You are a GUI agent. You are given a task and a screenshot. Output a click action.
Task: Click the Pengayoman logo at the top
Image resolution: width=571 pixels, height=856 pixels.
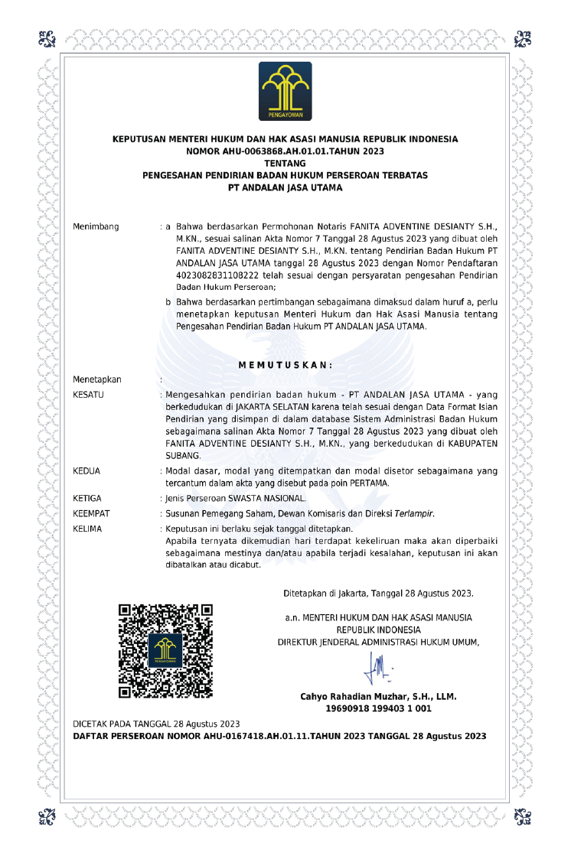(285, 91)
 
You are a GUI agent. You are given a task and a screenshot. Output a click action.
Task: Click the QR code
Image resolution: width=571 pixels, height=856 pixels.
(165, 650)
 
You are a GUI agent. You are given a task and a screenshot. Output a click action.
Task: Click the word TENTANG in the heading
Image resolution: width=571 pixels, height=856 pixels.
(285, 163)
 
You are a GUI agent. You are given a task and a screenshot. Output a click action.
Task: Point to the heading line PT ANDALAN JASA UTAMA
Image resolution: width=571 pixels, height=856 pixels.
(285, 187)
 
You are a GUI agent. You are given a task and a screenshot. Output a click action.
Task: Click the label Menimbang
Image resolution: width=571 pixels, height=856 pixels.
(96, 227)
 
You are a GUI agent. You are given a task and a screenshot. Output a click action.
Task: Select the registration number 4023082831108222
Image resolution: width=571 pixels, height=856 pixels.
(214, 275)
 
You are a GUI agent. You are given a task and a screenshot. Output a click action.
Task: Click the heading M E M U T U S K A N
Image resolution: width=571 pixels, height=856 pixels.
(285, 365)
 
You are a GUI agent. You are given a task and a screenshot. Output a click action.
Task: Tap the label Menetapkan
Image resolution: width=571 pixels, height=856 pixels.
(96, 379)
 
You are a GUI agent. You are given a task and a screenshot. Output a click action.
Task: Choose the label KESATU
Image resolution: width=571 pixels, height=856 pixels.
(88, 395)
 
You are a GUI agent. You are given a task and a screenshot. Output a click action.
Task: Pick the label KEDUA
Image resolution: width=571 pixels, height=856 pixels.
(86, 471)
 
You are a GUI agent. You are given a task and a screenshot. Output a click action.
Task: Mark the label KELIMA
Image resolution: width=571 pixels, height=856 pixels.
(87, 529)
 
